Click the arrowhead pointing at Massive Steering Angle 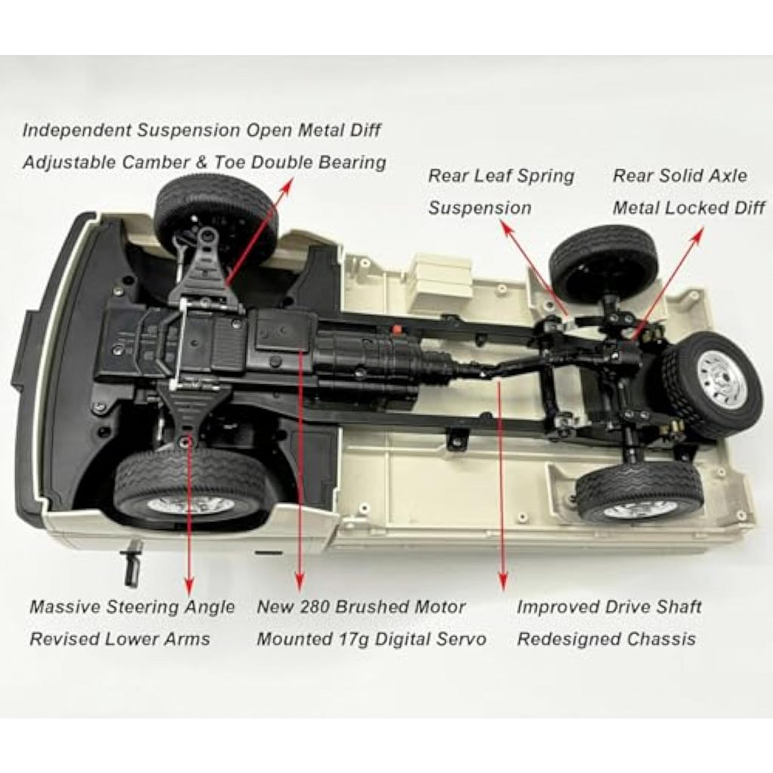pos(188,584)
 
